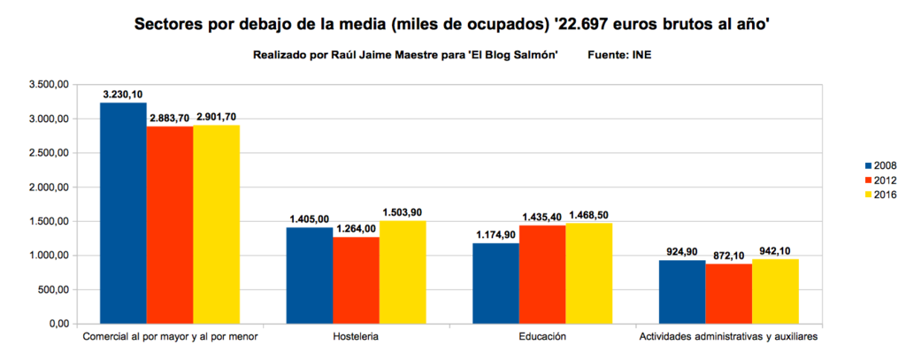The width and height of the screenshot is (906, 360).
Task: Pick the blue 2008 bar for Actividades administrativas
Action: pyautogui.click(x=682, y=292)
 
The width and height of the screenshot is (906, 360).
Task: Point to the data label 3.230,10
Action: pyautogui.click(x=123, y=95)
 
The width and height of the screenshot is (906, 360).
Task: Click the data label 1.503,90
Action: pyautogui.click(x=403, y=213)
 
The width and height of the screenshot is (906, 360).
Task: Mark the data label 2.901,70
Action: pyautogui.click(x=217, y=117)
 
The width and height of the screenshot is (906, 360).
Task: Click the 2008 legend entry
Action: pyautogui.click(x=878, y=165)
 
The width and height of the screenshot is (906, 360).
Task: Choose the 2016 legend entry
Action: pyautogui.click(x=878, y=195)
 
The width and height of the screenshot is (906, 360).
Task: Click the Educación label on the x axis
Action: pyautogui.click(x=543, y=338)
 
